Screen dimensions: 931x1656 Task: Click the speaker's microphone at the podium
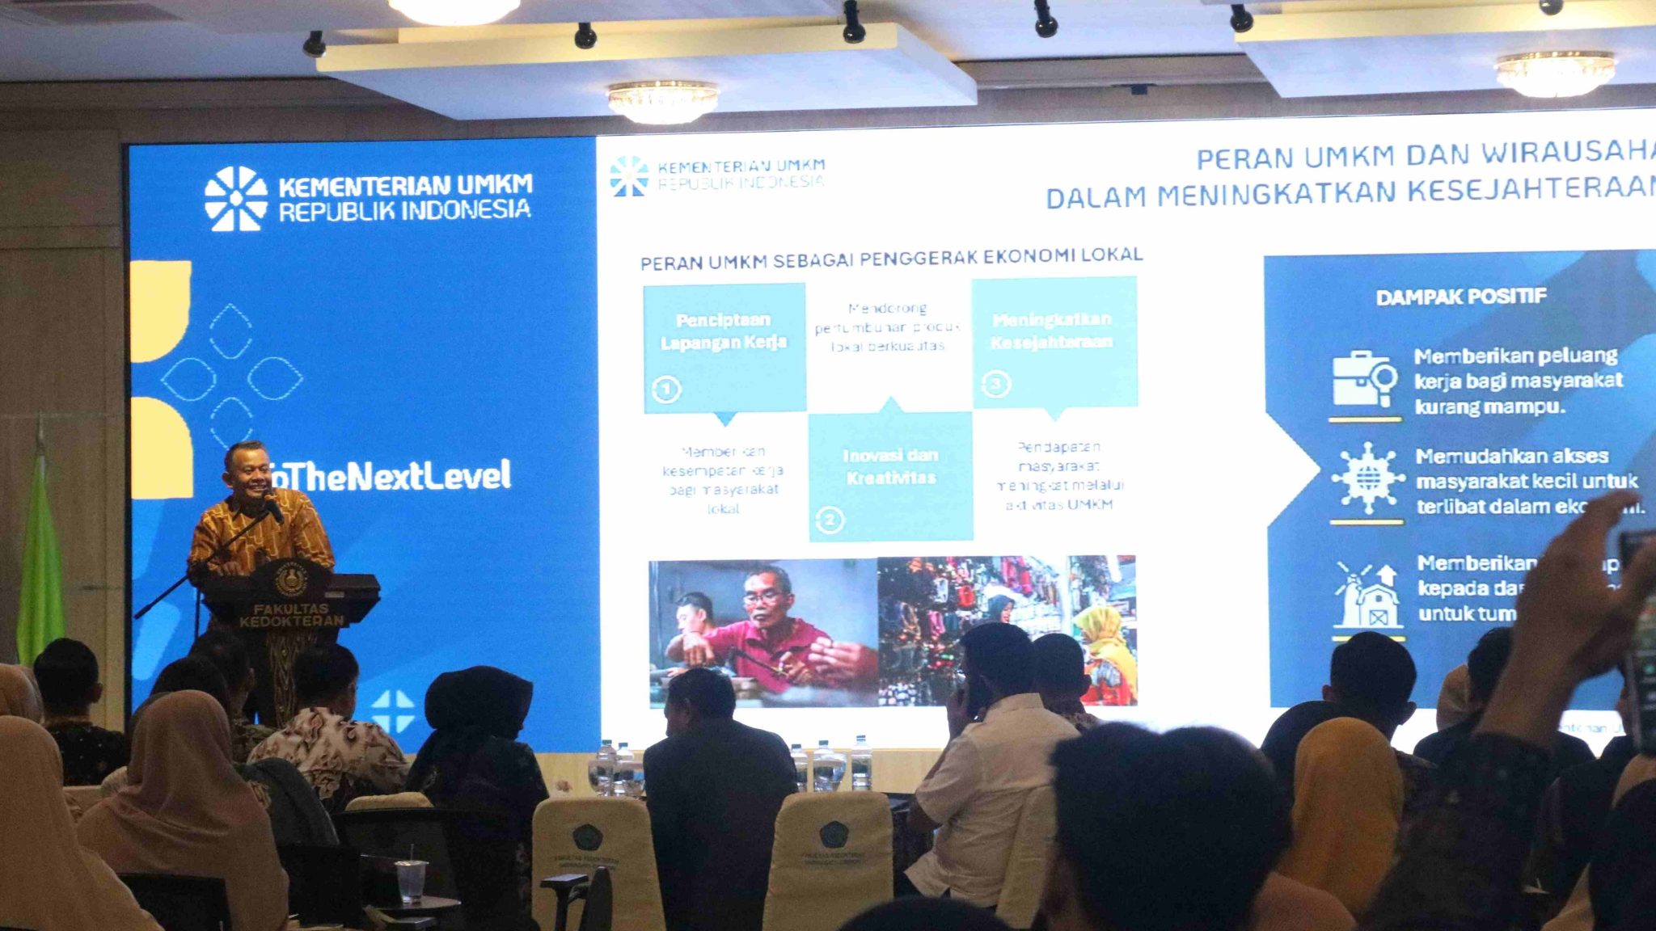(272, 508)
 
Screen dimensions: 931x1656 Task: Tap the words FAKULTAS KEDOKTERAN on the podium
(291, 614)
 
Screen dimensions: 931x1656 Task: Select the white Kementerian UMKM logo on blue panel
(236, 199)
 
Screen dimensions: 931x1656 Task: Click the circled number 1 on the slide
(666, 390)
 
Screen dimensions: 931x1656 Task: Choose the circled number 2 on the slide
(830, 519)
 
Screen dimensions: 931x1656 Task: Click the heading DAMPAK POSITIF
(1461, 297)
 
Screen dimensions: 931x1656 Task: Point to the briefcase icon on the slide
(1364, 379)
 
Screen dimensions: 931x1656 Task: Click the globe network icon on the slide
(1367, 478)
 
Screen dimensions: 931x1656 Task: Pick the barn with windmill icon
(1368, 596)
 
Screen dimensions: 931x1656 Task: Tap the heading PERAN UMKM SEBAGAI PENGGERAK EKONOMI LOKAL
(891, 259)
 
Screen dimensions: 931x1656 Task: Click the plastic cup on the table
(411, 879)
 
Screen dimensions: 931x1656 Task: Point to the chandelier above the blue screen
(662, 101)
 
